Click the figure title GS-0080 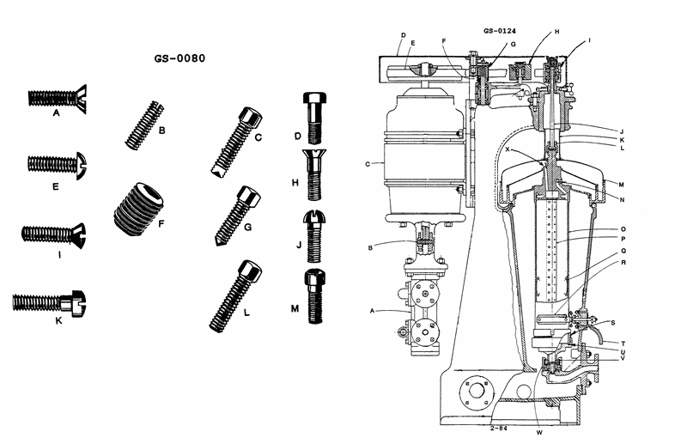179,58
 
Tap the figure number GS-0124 500,31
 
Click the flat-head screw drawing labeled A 58,97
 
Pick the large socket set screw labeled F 139,209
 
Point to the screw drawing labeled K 49,302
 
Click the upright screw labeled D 314,118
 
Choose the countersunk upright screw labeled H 314,174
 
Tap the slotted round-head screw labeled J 315,235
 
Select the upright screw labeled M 315,295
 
